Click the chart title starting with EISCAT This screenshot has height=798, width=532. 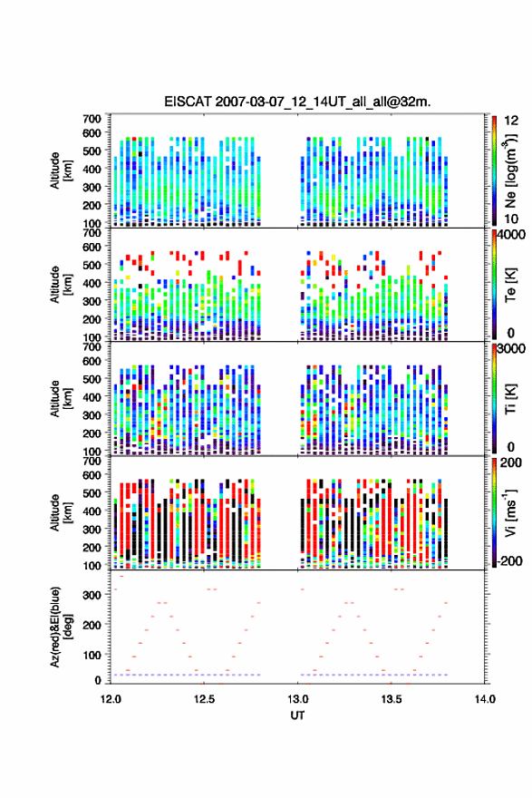click(x=297, y=102)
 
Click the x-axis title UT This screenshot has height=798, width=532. click(x=297, y=715)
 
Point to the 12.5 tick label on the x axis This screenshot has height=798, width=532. click(x=204, y=699)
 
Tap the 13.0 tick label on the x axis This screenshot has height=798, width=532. click(x=297, y=699)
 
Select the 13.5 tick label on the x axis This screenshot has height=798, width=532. click(x=392, y=699)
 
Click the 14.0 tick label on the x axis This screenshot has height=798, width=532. click(x=485, y=699)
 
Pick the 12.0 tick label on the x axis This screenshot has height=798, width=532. click(x=111, y=699)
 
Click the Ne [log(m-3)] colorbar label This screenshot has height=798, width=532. click(x=510, y=170)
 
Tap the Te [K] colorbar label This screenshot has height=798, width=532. click(x=510, y=285)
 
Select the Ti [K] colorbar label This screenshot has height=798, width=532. click(x=510, y=398)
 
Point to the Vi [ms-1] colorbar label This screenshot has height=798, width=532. click(x=510, y=512)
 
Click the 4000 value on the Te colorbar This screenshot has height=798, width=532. click(x=511, y=235)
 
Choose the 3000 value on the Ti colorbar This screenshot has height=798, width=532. click(x=511, y=348)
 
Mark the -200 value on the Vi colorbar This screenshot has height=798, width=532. click(x=509, y=560)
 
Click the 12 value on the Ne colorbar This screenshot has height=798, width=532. click(x=512, y=121)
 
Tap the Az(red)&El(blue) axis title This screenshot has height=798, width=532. click(x=61, y=627)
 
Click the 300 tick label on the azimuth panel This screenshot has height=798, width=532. click(x=92, y=595)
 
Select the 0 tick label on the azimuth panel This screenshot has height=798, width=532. click(x=98, y=680)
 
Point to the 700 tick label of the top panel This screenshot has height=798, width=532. click(x=92, y=119)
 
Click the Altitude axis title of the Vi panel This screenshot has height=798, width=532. click(x=61, y=512)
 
